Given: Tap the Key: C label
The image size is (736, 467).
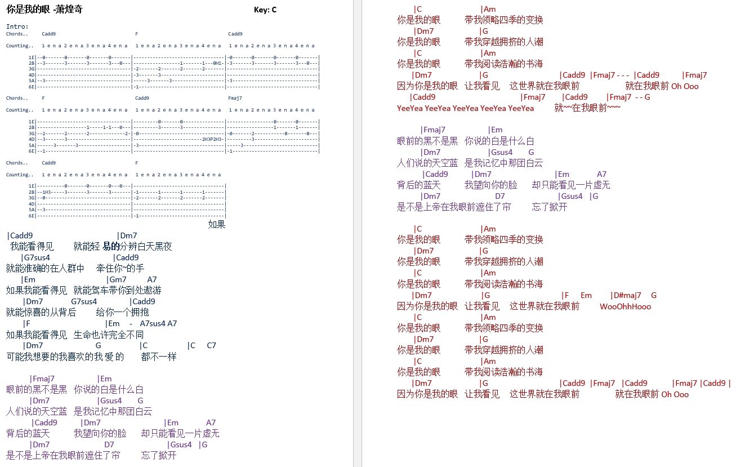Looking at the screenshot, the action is pos(265,10).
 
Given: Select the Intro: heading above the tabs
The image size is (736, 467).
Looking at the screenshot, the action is pos(17,26).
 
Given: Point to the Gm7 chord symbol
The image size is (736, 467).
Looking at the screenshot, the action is pos(118,279).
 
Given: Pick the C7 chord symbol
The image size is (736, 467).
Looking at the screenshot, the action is pos(212,345).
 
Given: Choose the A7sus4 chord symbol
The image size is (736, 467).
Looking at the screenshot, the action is pos(153,323).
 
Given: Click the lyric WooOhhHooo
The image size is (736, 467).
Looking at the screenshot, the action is pos(625,306).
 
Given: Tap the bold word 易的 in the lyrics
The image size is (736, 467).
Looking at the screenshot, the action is pos(111,246).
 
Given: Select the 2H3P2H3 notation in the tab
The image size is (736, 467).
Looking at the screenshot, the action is pos(212,139).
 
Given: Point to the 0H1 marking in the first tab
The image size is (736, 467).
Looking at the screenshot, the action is pos(217,63).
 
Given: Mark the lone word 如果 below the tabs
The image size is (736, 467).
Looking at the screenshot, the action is pos(217,225).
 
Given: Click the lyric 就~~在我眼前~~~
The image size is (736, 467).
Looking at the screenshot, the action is pos(587,108).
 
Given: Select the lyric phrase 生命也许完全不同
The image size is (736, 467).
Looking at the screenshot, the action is pos(109,335).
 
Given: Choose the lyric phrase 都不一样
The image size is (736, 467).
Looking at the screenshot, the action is pos(159,357).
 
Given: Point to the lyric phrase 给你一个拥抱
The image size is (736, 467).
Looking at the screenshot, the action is pos(122,312).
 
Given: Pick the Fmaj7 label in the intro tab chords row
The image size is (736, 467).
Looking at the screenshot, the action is pos(235,98).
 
